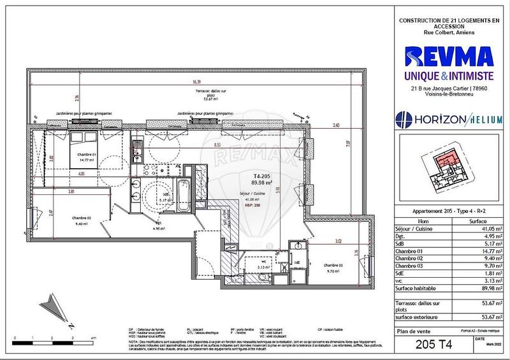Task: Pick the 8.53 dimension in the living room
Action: [218, 145]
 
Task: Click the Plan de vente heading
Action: [419, 331]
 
